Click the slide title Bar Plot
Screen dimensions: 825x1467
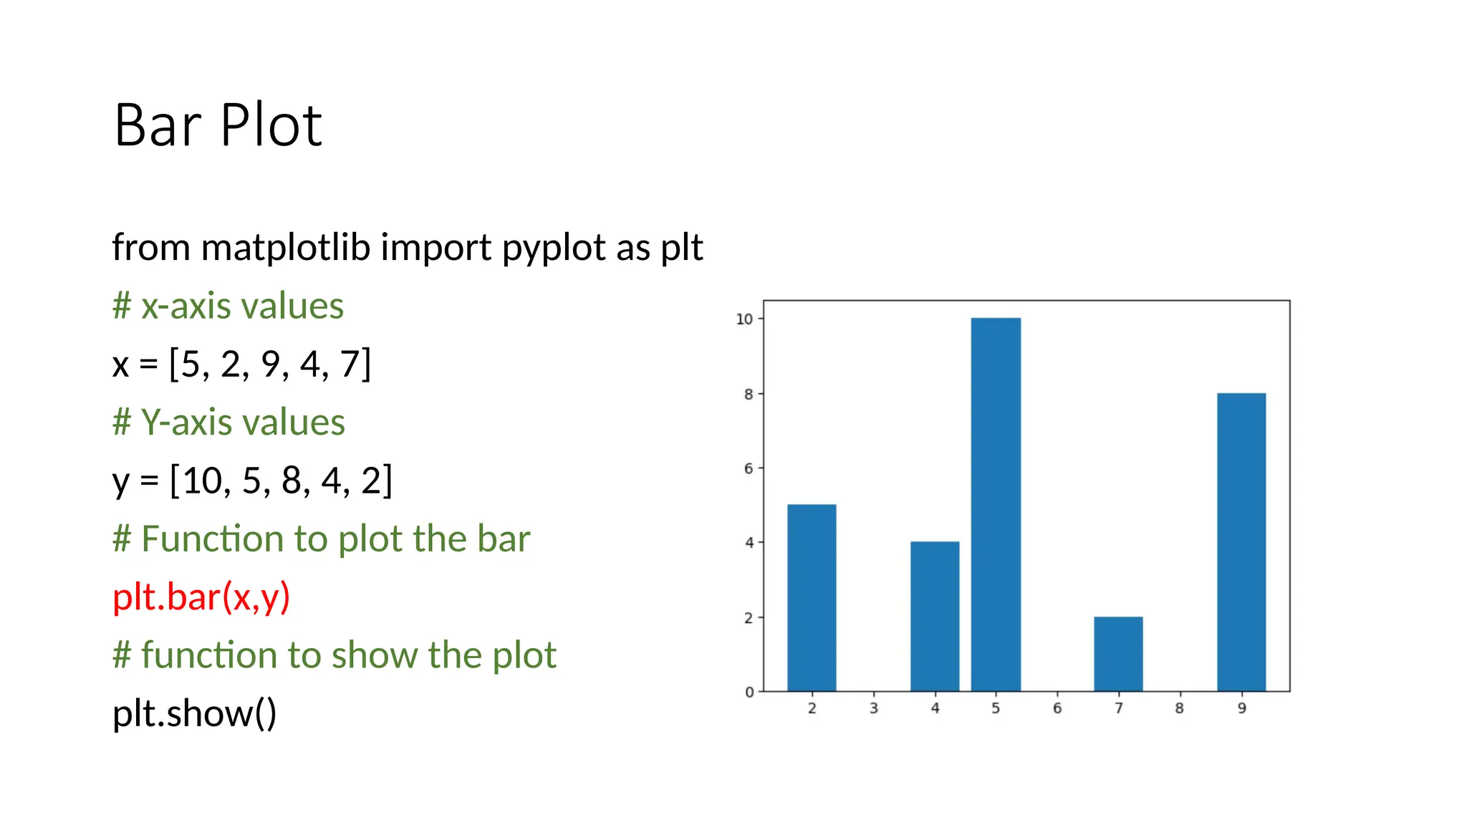(218, 125)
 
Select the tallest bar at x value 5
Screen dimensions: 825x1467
(996, 504)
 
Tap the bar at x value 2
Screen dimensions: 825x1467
(812, 598)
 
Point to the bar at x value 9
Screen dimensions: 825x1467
(1241, 542)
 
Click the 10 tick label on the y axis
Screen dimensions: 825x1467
(744, 319)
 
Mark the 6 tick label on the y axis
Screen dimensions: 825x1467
(749, 468)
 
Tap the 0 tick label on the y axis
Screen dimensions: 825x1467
(749, 693)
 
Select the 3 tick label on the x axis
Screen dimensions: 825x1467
(873, 708)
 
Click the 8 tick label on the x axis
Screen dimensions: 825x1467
(1179, 708)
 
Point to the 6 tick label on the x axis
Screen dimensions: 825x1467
(1057, 708)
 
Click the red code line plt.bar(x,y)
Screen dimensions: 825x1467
(201, 597)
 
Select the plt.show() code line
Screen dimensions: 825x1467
(194, 713)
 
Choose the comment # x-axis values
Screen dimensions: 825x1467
(228, 306)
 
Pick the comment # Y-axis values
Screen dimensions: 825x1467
(229, 422)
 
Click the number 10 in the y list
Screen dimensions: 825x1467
(202, 481)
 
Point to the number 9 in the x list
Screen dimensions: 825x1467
(270, 364)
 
